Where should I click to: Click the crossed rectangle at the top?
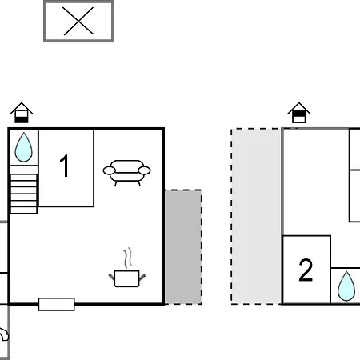pos(78,22)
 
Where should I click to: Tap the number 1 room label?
pos(65,166)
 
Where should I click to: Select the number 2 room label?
pos(306,270)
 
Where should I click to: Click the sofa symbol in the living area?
pos(126,173)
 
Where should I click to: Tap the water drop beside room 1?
pos(23,147)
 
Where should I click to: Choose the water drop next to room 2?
pos(346,286)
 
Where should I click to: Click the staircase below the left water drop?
pos(24,190)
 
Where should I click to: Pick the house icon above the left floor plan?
pos(22,113)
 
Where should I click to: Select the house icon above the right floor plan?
pos(299,113)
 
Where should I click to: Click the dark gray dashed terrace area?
pos(183,247)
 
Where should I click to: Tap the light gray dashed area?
pos(256,216)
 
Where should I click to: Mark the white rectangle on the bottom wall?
pos(57,304)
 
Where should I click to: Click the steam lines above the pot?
pos(128,258)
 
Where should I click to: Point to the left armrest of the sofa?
pos(109,170)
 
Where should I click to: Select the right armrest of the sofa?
pos(144,170)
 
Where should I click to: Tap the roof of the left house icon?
pos(22,107)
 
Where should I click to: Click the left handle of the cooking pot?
pos(112,277)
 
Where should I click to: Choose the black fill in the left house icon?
pos(22,120)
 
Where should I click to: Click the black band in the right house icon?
pos(299,114)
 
